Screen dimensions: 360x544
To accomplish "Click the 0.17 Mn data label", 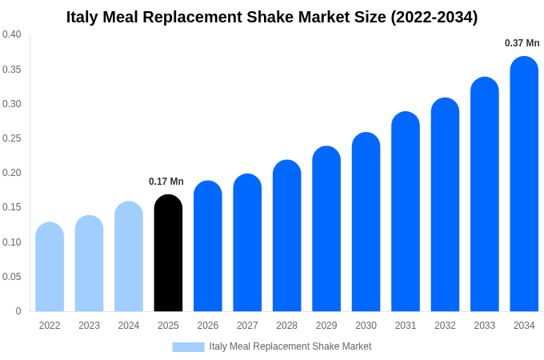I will click(x=166, y=182).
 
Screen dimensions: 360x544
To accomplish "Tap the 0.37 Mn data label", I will click(x=522, y=43).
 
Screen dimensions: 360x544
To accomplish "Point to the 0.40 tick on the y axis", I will click(x=12, y=34).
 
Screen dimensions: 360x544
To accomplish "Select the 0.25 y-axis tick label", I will click(x=12, y=138).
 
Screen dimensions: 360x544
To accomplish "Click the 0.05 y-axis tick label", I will click(x=12, y=277).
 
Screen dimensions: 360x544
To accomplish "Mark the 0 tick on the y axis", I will click(x=18, y=311).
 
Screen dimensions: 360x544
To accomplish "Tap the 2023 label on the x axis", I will click(x=89, y=326).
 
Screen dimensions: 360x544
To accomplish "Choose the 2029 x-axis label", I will click(x=326, y=326).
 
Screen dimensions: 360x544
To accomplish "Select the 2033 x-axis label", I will click(x=484, y=326).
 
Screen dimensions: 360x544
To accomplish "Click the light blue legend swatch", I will click(x=188, y=346).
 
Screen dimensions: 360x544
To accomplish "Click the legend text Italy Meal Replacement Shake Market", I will click(x=290, y=346).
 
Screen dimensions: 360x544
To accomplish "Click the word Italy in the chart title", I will click(x=83, y=17).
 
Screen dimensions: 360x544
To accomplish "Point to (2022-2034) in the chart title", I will click(x=434, y=17).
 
